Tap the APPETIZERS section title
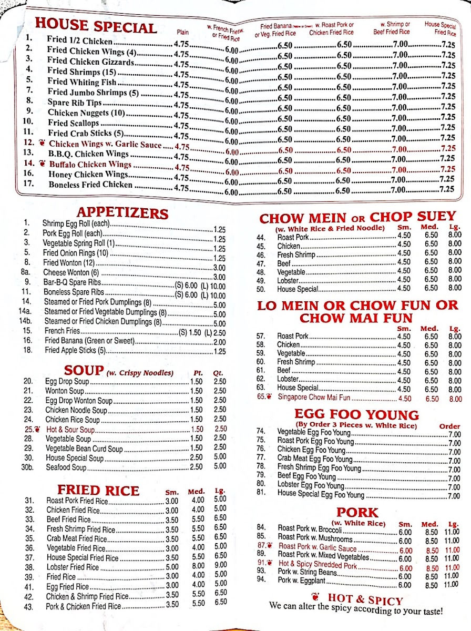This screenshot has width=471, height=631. pos(122,213)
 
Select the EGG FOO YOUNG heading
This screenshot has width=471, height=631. pos(356,415)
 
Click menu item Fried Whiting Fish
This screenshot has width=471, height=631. pos(81,82)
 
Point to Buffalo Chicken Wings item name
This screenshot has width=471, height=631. pos(90,164)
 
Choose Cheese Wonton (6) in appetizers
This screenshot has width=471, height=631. pos(71,272)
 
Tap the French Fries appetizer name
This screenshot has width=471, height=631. pos(62,331)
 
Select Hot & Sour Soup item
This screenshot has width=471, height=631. pos(70,430)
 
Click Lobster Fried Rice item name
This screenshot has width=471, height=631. pos(73,567)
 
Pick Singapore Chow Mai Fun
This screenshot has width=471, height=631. pos(321,398)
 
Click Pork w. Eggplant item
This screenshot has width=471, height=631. pos(302,581)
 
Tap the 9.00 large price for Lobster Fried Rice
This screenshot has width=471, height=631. pos(220,565)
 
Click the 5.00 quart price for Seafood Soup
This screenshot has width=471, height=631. pos(220,466)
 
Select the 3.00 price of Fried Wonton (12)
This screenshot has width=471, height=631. pos(219,268)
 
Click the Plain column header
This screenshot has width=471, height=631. pos(182,32)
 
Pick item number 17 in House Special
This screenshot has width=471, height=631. pos(29,184)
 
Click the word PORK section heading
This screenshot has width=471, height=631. pos(357,513)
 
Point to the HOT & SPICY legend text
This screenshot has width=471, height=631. pos(365,599)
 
